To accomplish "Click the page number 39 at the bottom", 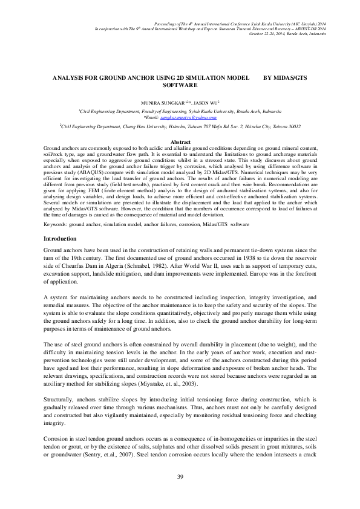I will click(x=180, y=478).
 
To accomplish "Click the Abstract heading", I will click(x=180, y=142).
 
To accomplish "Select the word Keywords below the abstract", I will click(x=56, y=224).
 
